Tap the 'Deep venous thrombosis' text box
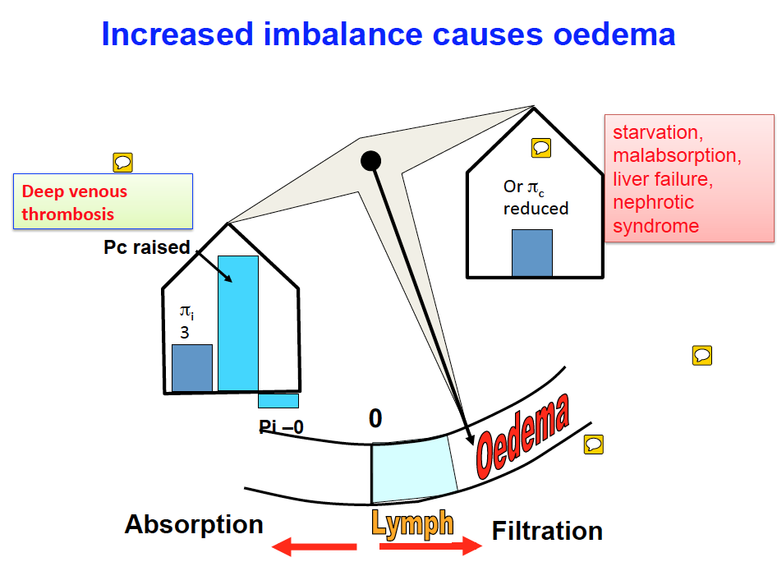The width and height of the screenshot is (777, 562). click(x=103, y=202)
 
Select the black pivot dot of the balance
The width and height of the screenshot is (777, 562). click(x=370, y=160)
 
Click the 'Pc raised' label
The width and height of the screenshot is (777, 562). click(x=147, y=247)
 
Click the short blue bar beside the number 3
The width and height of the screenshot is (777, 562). click(x=192, y=367)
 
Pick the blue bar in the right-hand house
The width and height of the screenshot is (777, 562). click(x=532, y=252)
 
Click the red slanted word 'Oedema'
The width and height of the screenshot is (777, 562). click(x=522, y=436)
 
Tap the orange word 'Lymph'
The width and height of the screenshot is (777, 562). click(x=412, y=523)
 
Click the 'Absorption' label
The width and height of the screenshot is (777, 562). click(x=194, y=524)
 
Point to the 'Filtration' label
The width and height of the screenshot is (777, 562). click(x=547, y=532)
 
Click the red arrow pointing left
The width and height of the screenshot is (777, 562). click(x=314, y=546)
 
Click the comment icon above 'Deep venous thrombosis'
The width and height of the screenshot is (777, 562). click(x=122, y=162)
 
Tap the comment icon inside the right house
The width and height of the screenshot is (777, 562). click(x=540, y=148)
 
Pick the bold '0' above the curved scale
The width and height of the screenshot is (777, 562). click(x=375, y=419)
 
